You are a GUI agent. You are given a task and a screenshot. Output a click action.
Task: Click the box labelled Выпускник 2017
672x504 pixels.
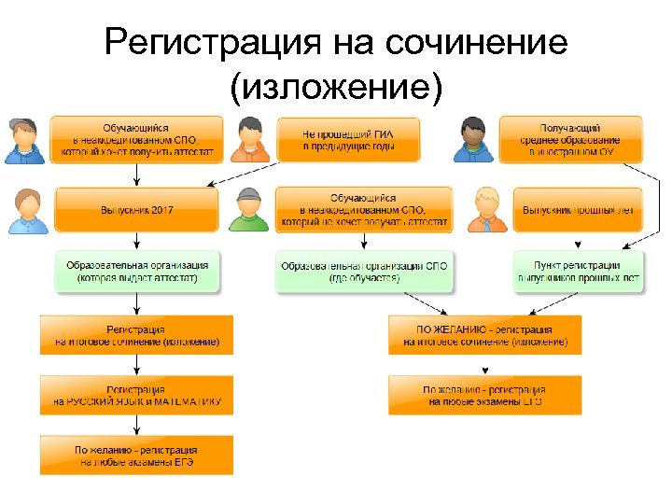coord(137,210)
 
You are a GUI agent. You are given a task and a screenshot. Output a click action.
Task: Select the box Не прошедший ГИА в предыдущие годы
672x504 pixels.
coord(347,139)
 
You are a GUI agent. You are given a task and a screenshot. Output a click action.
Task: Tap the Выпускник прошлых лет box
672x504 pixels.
coord(579,210)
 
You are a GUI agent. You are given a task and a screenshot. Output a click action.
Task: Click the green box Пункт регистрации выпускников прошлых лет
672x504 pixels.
coord(579,272)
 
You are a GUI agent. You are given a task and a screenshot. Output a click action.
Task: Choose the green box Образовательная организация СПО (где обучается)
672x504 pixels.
coord(364,272)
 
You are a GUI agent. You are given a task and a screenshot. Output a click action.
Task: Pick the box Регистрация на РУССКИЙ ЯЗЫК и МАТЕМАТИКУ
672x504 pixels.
coord(136,395)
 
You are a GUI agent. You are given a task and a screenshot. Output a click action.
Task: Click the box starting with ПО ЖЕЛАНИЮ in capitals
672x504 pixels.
coord(484,335)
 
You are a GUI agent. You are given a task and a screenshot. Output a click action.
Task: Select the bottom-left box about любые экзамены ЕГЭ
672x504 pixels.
coord(136,455)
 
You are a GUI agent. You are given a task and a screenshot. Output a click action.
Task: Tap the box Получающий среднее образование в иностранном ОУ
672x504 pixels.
coord(570,139)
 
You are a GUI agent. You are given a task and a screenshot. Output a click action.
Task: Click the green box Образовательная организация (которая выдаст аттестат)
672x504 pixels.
coord(137,272)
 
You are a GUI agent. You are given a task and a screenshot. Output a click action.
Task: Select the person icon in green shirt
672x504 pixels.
coord(250,210)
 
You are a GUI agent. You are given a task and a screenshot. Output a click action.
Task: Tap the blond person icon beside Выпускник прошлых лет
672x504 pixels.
coord(485,210)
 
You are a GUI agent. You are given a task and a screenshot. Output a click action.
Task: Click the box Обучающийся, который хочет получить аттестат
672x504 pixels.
coord(137,139)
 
